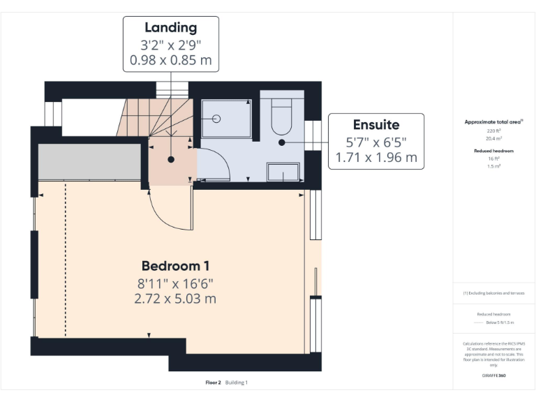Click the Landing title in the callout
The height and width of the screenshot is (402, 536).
tap(170, 28)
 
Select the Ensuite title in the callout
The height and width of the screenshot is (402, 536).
tap(375, 125)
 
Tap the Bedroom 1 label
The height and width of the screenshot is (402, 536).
tap(175, 266)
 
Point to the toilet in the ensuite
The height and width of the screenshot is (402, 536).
tap(281, 117)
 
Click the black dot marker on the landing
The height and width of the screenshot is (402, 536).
tap(170, 159)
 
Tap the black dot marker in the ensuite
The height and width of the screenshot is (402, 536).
tap(281, 142)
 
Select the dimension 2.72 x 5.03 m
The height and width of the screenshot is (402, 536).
tap(175, 299)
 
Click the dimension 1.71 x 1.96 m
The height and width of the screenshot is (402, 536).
tap(375, 158)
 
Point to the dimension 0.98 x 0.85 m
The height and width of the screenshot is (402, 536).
tap(170, 60)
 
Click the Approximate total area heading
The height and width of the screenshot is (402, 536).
tap(493, 121)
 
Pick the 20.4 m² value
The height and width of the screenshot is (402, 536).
tap(493, 137)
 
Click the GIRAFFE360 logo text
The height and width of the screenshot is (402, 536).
tap(493, 375)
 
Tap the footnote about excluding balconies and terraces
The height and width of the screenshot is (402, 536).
tap(493, 293)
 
